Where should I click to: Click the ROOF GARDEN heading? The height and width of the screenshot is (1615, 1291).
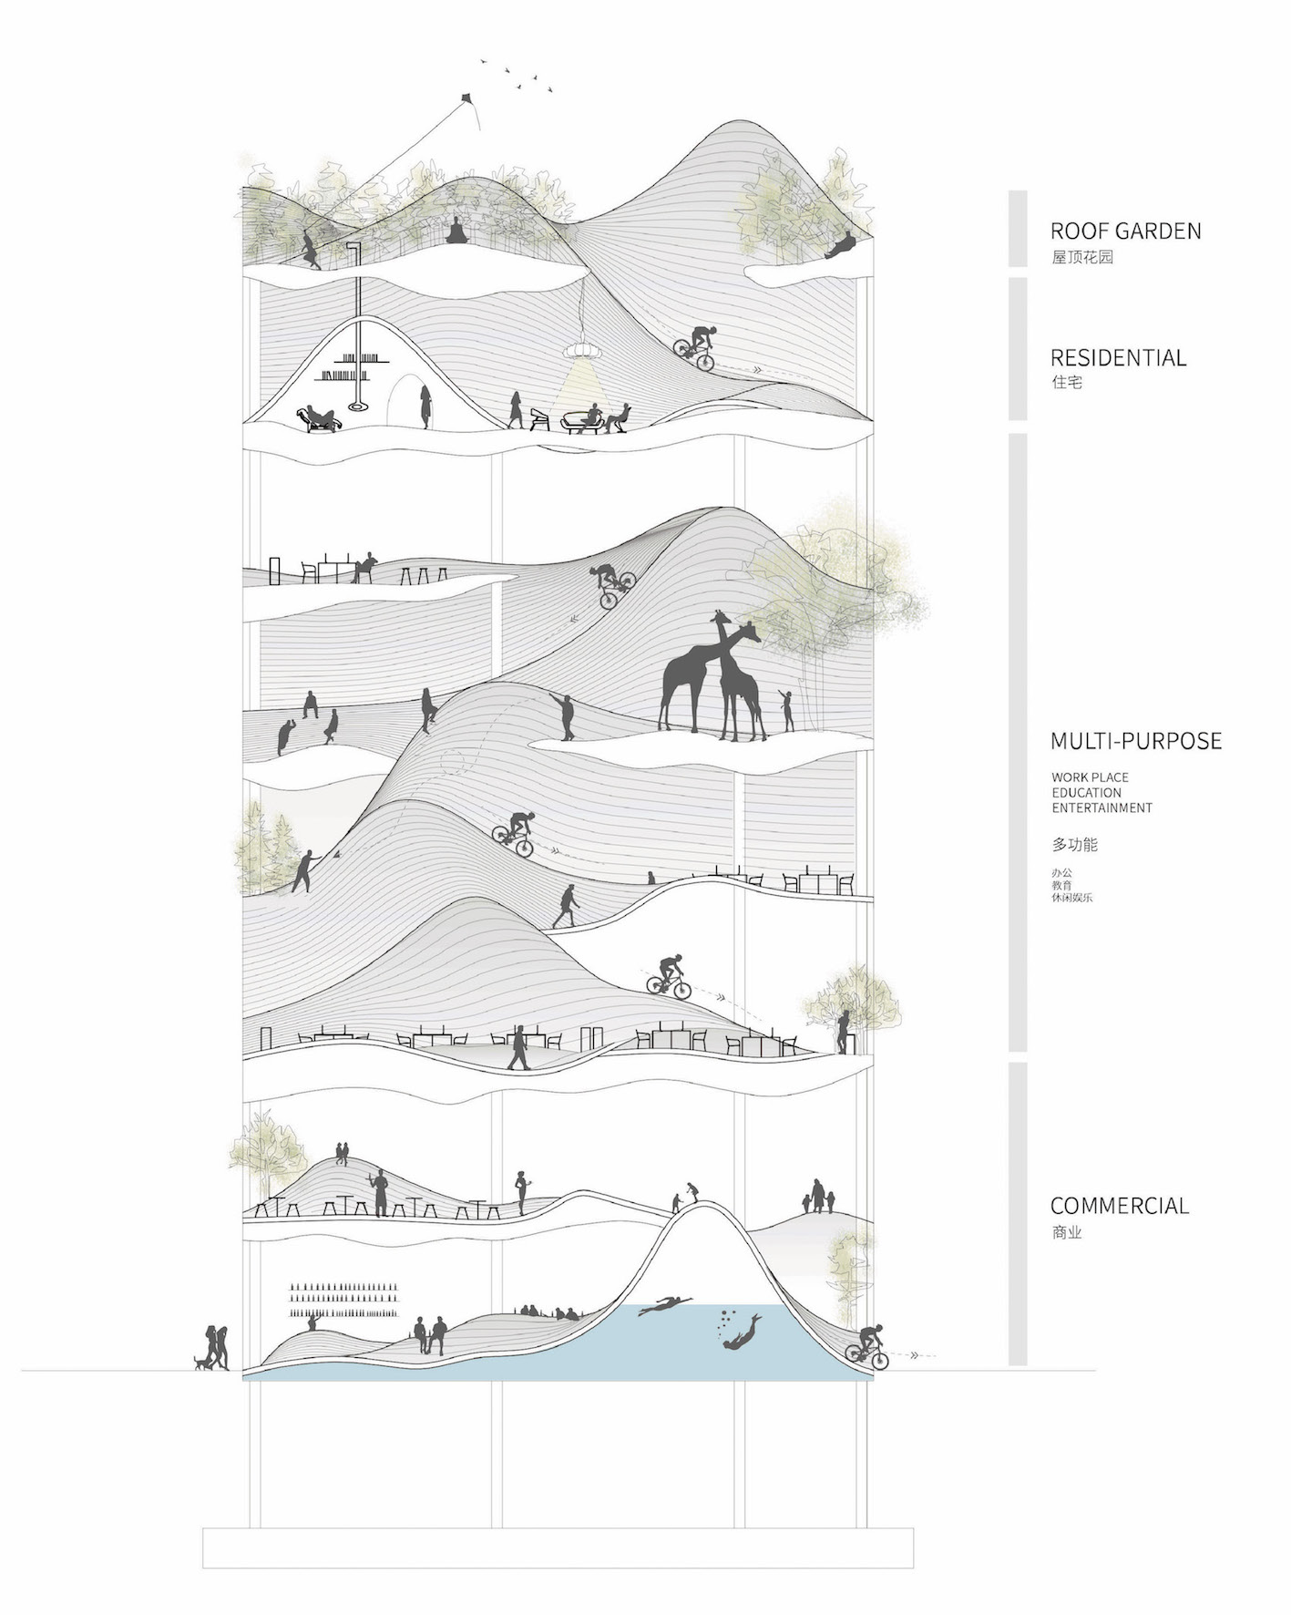1125,231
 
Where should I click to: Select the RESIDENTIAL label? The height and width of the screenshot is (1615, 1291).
1118,357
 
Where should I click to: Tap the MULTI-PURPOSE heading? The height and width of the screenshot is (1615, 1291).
1136,741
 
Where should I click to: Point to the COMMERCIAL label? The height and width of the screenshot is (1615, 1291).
1120,1206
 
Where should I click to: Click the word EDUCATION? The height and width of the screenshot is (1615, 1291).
1086,793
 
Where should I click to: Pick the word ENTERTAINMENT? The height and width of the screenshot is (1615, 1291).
1101,807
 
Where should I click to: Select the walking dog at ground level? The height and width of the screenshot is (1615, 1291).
200,1363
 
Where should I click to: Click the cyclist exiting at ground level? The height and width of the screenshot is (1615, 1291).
868,1347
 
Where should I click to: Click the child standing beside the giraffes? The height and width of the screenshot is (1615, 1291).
786,710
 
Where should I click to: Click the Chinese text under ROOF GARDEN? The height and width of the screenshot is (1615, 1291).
1082,257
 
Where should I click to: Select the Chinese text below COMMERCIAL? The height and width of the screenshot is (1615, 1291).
1066,1233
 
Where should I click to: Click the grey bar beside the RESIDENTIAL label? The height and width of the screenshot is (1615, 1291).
1018,349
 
